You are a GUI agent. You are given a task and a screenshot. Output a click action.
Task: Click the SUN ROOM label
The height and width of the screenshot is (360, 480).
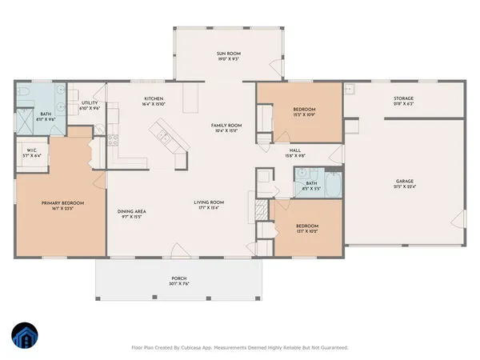click(228, 53)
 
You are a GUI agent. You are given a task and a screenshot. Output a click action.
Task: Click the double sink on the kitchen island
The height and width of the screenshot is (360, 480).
click(166, 133)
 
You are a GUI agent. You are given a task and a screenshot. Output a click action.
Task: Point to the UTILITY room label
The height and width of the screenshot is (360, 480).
click(90, 103)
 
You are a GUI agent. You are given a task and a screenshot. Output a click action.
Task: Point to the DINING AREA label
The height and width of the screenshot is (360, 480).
click(133, 211)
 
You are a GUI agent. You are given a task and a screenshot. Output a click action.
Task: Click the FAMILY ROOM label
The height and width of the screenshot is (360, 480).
click(226, 126)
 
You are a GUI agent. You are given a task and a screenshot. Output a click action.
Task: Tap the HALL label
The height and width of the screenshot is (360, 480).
click(295, 150)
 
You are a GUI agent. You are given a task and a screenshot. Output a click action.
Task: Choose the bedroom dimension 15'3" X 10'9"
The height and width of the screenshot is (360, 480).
click(304, 114)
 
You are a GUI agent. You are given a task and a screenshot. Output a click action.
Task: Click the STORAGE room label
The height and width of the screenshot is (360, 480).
click(402, 98)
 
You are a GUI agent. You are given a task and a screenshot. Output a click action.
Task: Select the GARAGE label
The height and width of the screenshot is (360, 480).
click(404, 181)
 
